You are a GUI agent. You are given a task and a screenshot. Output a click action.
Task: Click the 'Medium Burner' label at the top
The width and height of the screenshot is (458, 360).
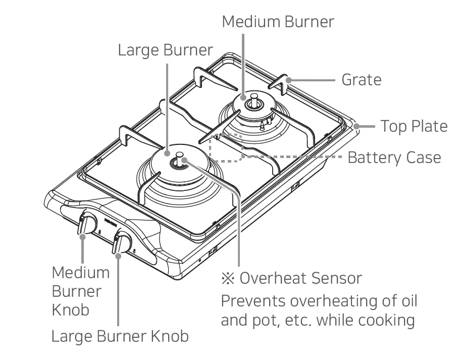pyautogui.click(x=278, y=22)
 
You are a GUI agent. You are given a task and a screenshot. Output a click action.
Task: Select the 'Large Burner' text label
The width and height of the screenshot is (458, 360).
pyautogui.click(x=165, y=50)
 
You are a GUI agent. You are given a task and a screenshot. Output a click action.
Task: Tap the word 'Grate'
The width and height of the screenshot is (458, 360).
pyautogui.click(x=361, y=80)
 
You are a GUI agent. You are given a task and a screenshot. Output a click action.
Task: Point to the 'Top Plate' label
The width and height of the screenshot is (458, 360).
pyautogui.click(x=414, y=126)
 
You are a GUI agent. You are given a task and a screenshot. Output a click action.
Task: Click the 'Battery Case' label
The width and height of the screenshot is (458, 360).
pyautogui.click(x=394, y=158)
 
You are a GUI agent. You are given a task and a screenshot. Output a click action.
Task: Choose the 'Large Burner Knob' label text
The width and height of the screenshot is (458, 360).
pyautogui.click(x=120, y=336)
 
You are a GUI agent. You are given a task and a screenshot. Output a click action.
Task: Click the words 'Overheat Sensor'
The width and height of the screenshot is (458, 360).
pyautogui.click(x=301, y=278)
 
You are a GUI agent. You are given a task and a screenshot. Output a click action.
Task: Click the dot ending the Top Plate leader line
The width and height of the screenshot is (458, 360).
pyautogui.click(x=356, y=126)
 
